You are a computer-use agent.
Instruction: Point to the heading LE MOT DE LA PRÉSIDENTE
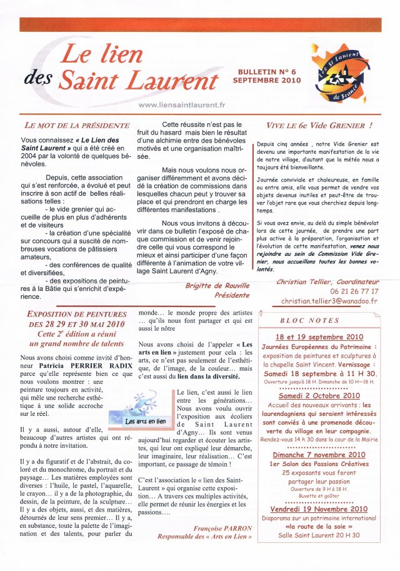click(76, 126)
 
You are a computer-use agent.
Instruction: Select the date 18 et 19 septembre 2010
click(319, 336)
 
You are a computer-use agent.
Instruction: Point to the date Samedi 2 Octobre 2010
click(319, 396)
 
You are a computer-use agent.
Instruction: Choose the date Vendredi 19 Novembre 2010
click(319, 509)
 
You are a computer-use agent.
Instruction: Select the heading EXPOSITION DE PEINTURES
click(77, 313)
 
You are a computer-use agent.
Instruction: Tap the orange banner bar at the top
click(200, 24)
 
